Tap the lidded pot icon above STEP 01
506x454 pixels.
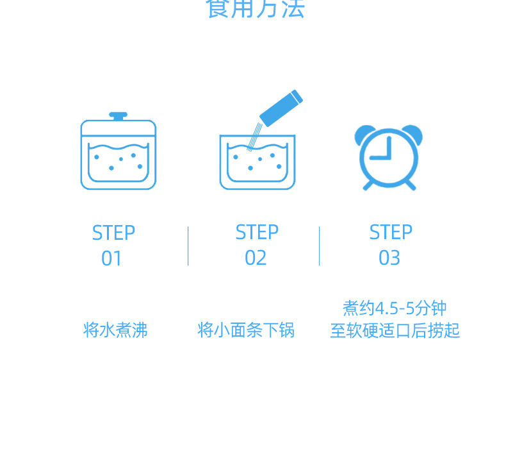click(x=118, y=154)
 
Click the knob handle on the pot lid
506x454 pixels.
click(x=118, y=115)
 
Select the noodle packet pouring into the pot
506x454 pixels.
click(x=281, y=107)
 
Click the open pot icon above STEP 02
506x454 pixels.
click(x=257, y=162)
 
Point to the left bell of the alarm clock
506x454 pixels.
click(x=364, y=134)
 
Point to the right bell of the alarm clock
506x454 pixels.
click(x=413, y=134)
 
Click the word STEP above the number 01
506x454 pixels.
click(x=113, y=233)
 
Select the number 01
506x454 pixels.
click(x=111, y=258)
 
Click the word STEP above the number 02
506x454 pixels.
click(x=257, y=232)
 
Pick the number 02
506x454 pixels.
click(x=256, y=258)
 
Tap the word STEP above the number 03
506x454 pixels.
click(x=391, y=232)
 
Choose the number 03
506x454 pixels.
click(x=389, y=258)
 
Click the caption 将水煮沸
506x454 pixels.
click(x=115, y=330)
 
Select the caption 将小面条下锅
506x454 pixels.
click(x=246, y=330)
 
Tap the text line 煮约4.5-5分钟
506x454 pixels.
click(x=395, y=308)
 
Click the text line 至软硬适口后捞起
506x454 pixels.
click(x=395, y=331)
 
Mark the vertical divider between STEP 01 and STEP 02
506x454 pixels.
click(x=188, y=246)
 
